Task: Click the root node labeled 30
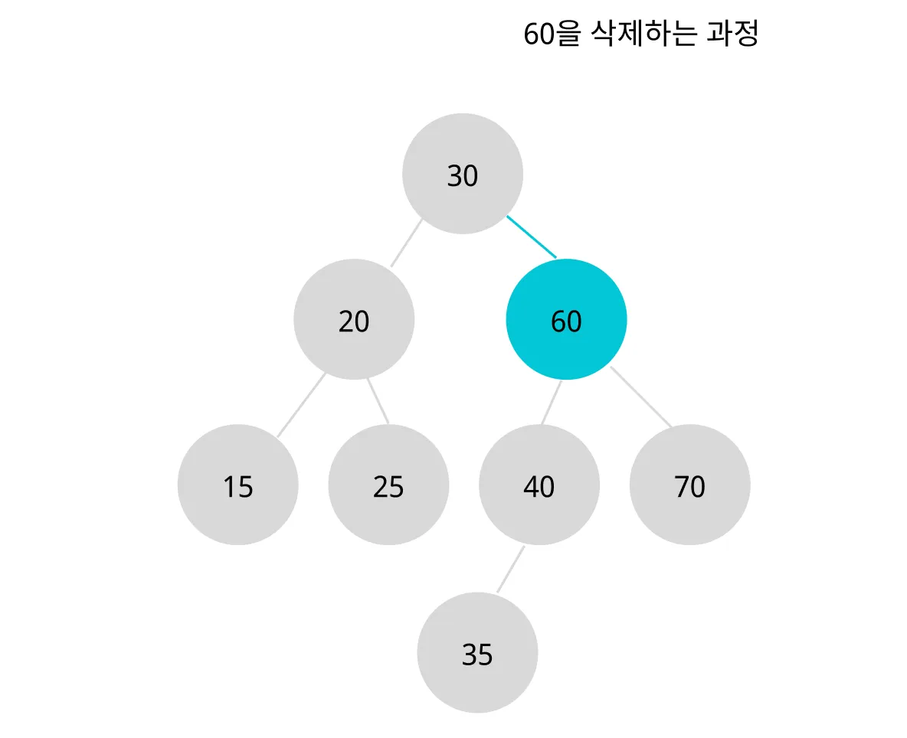[462, 174]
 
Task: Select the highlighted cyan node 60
[566, 319]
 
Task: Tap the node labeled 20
[353, 319]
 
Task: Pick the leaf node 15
[237, 485]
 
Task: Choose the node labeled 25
[388, 485]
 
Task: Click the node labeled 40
[539, 485]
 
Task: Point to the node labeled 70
[689, 485]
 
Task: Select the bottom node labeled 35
[477, 652]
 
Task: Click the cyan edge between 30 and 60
[532, 237]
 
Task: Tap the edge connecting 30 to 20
[406, 243]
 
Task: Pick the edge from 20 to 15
[301, 405]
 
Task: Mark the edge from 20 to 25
[378, 400]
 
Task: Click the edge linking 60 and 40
[552, 402]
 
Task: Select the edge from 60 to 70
[641, 397]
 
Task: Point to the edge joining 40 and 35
[510, 569]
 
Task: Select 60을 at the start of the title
[552, 34]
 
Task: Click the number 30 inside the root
[462, 176]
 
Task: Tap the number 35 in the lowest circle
[477, 655]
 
